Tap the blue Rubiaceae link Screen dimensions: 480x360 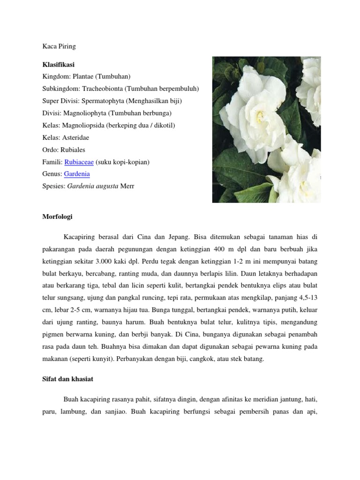coord(79,162)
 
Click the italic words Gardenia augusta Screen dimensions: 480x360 coord(93,186)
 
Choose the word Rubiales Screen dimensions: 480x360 coord(71,150)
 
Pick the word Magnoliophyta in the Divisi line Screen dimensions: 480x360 coord(83,113)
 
